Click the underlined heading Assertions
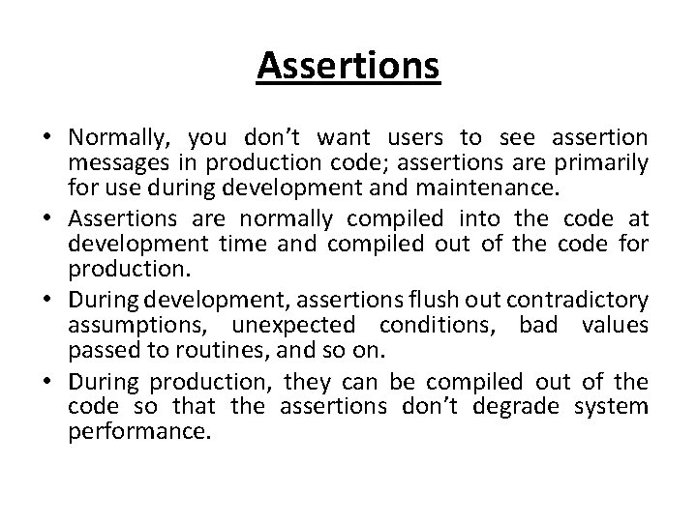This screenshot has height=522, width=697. pos(348,67)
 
